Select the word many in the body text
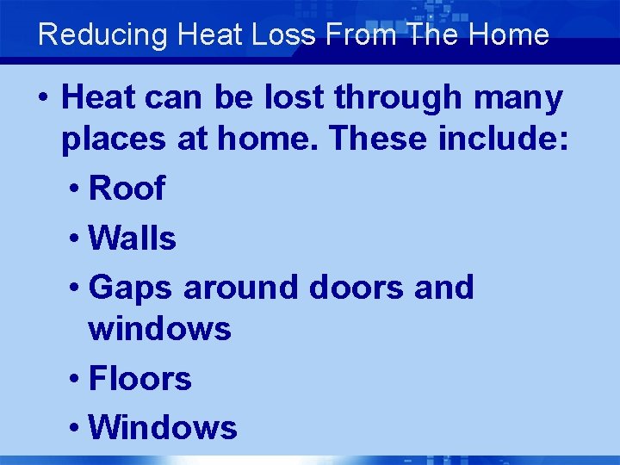[x=518, y=100]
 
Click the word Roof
[x=127, y=189]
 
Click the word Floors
[x=139, y=378]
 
